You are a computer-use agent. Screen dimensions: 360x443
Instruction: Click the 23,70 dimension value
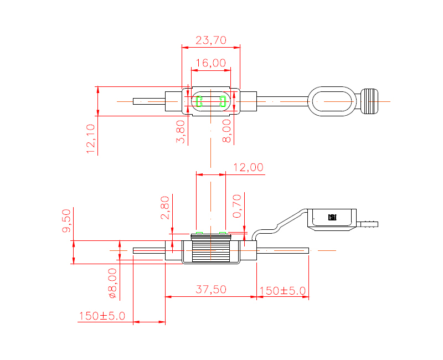tap(211, 40)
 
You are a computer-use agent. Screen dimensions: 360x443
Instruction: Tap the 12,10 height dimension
tap(91, 138)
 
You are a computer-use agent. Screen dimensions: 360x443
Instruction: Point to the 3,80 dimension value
tap(181, 131)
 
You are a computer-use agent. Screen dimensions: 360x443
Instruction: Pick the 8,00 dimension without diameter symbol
tap(226, 131)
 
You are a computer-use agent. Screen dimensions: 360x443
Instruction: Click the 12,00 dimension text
tap(248, 167)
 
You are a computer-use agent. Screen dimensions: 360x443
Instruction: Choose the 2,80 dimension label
tap(165, 208)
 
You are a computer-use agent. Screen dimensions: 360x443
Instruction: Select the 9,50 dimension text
tap(66, 220)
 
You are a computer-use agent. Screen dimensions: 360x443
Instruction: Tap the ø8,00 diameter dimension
tap(112, 283)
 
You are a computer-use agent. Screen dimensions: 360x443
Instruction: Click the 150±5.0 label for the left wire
tap(102, 316)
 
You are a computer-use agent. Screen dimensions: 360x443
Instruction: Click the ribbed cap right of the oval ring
tap(369, 101)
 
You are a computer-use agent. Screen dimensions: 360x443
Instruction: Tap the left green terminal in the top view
tap(199, 101)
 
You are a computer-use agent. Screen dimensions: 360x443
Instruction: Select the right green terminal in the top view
tap(223, 101)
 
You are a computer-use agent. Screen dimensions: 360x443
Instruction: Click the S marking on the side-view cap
tap(333, 217)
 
